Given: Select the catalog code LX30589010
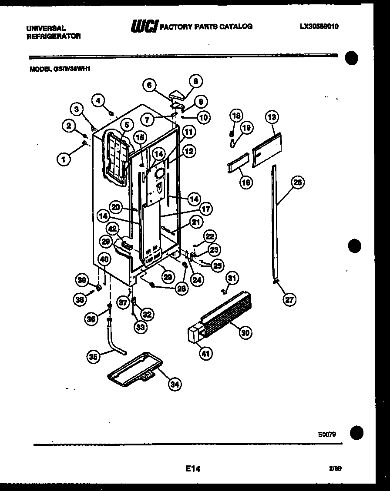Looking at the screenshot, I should (x=319, y=26).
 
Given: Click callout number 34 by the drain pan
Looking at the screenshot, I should (x=175, y=384).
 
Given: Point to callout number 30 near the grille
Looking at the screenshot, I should (x=245, y=332).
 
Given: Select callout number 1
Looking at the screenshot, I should (x=64, y=159).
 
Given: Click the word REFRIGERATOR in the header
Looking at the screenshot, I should (x=54, y=36).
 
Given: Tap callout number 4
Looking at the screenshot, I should (x=98, y=100).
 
